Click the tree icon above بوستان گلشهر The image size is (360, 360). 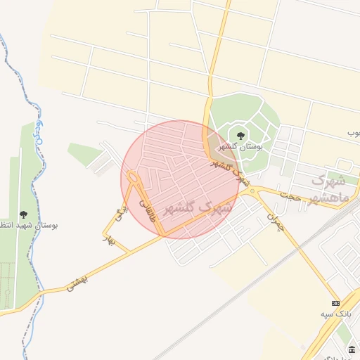click(241, 134)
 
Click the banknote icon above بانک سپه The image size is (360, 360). click(335, 302)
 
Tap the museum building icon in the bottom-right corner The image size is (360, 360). click(352, 349)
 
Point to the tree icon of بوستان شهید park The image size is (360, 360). click(23, 214)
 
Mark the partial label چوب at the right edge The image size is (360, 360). click(353, 132)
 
